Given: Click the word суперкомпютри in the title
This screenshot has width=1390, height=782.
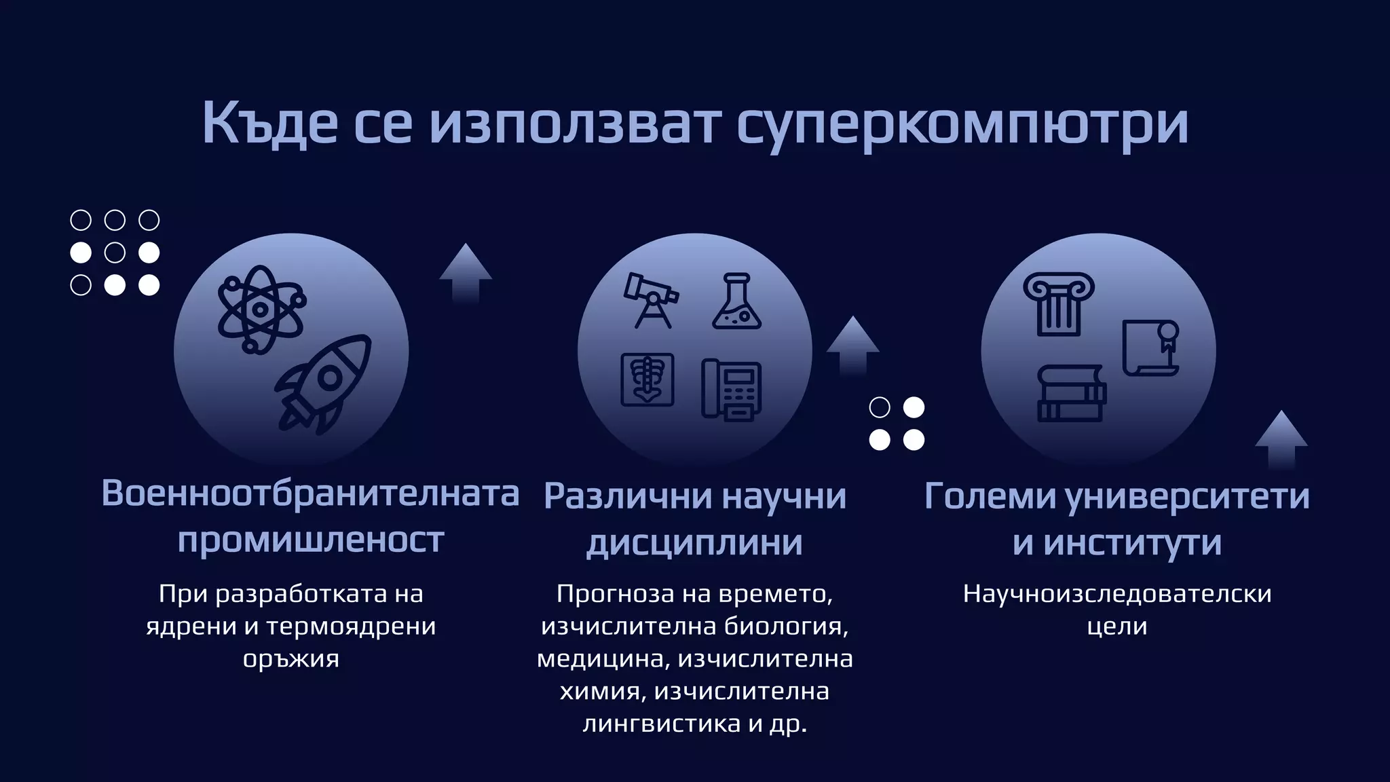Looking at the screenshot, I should (962, 124).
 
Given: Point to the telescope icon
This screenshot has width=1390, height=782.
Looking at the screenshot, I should (650, 299).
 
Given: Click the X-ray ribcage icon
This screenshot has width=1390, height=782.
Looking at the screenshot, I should (647, 380).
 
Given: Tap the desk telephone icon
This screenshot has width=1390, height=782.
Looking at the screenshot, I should (732, 390).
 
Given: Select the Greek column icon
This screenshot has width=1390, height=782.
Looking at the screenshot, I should (1058, 303).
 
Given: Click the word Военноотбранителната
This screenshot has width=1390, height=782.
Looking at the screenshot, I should (310, 494).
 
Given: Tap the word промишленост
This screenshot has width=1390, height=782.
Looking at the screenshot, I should (311, 540).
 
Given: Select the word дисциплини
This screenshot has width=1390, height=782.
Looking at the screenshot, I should (694, 542).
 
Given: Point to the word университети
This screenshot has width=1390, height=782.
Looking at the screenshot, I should (1187, 496).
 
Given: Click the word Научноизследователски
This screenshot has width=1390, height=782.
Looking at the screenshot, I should (1117, 594).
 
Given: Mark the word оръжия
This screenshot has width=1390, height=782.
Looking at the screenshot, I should (290, 658).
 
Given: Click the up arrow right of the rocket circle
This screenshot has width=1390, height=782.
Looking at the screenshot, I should (466, 272).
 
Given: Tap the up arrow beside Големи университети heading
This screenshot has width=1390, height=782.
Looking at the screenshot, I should (1281, 439).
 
